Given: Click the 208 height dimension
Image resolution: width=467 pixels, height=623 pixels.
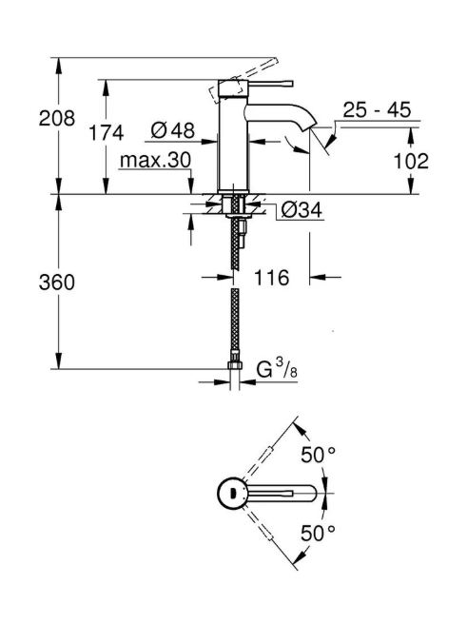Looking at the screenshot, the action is tap(56, 118).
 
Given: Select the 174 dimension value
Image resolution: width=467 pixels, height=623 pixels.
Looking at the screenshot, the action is tap(106, 132).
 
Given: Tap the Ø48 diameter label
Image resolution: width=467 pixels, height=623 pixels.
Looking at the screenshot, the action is tap(173, 130).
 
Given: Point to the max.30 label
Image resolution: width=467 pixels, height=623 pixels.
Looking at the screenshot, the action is tap(155, 160).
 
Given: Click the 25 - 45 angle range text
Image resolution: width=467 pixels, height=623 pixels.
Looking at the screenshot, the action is tap(377, 109).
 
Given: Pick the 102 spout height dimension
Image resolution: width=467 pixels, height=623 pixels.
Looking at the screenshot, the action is tap(411, 161).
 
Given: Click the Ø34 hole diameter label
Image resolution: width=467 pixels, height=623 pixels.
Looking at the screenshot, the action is tap(302, 210).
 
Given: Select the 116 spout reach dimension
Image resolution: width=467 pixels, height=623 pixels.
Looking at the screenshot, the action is tap(271, 278).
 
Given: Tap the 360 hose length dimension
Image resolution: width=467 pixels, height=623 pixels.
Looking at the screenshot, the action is tap(56, 282).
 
